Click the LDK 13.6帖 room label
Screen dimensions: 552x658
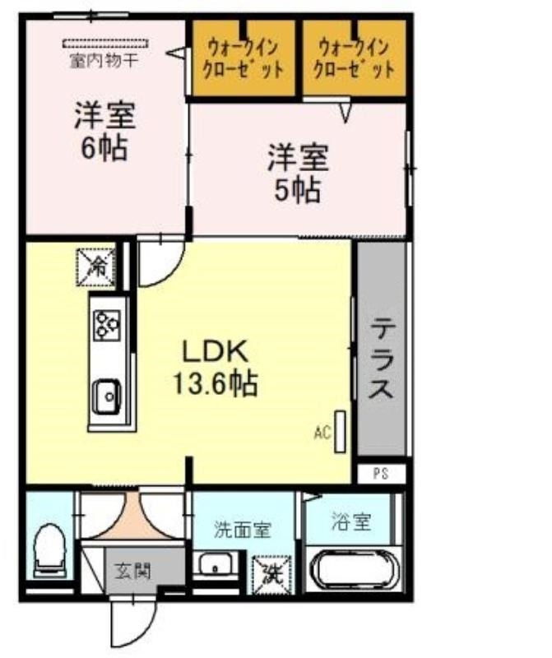(x=216, y=368)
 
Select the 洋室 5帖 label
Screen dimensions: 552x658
(x=298, y=173)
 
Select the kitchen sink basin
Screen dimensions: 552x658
(x=108, y=396)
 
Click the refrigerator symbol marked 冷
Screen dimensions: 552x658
(x=95, y=267)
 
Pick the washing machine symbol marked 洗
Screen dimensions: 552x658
(x=271, y=574)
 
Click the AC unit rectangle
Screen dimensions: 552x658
(x=340, y=432)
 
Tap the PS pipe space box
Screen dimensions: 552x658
(x=382, y=474)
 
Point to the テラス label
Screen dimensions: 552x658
(x=381, y=358)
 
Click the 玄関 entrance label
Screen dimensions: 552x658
(x=132, y=571)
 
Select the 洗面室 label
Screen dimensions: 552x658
(x=243, y=530)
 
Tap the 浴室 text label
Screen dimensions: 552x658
(x=352, y=521)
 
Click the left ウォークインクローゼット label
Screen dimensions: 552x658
(x=244, y=58)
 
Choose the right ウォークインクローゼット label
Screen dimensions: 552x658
(x=355, y=58)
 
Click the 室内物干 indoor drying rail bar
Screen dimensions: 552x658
(x=106, y=44)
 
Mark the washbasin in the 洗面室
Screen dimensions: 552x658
(x=216, y=566)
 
